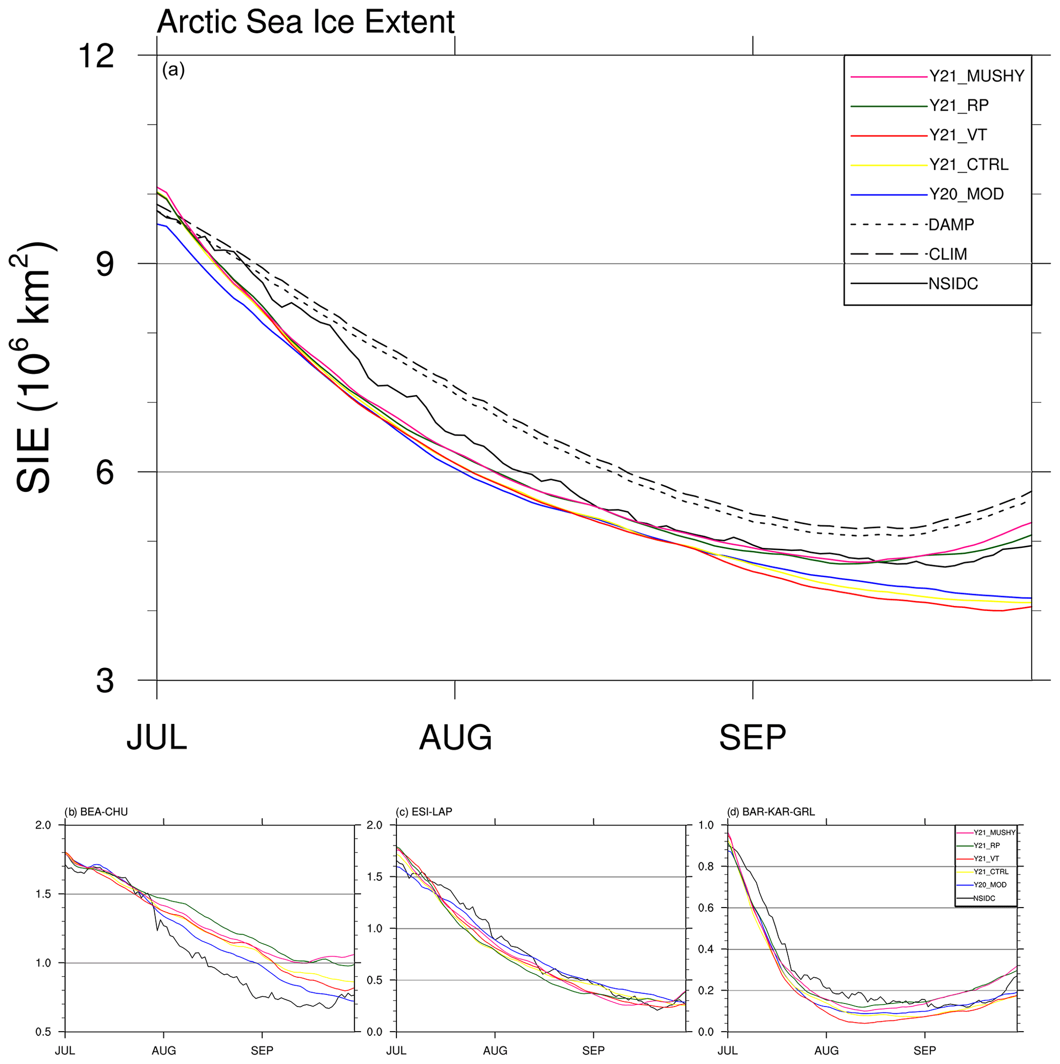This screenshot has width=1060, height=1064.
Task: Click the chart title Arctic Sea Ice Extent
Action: [306, 22]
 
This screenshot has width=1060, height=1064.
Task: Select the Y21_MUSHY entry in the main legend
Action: [976, 76]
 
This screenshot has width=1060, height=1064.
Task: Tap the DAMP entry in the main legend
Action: [951, 225]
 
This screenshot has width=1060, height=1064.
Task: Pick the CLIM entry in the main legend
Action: [947, 254]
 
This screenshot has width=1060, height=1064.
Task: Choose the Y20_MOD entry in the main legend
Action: [966, 194]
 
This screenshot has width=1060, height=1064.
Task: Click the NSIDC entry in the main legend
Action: [953, 284]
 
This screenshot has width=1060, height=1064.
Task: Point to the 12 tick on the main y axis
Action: [96, 56]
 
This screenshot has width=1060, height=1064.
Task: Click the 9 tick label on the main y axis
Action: [105, 264]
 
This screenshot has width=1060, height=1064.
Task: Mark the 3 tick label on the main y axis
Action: [105, 681]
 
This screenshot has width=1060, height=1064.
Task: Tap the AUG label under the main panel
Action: [455, 738]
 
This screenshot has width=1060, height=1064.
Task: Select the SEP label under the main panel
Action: [752, 738]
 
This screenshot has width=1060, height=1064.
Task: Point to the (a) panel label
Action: [173, 70]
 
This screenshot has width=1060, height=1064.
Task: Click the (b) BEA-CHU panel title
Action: [96, 812]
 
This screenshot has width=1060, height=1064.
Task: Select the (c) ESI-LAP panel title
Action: [424, 812]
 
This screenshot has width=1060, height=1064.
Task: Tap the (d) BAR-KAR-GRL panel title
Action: [770, 812]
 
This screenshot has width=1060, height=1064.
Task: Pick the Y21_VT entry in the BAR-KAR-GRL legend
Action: [986, 859]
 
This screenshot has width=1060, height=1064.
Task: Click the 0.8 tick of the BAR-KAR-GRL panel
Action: [706, 866]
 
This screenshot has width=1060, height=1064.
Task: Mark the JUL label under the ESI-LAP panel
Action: [396, 1050]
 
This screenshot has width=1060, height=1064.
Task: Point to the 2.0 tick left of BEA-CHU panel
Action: [43, 825]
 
